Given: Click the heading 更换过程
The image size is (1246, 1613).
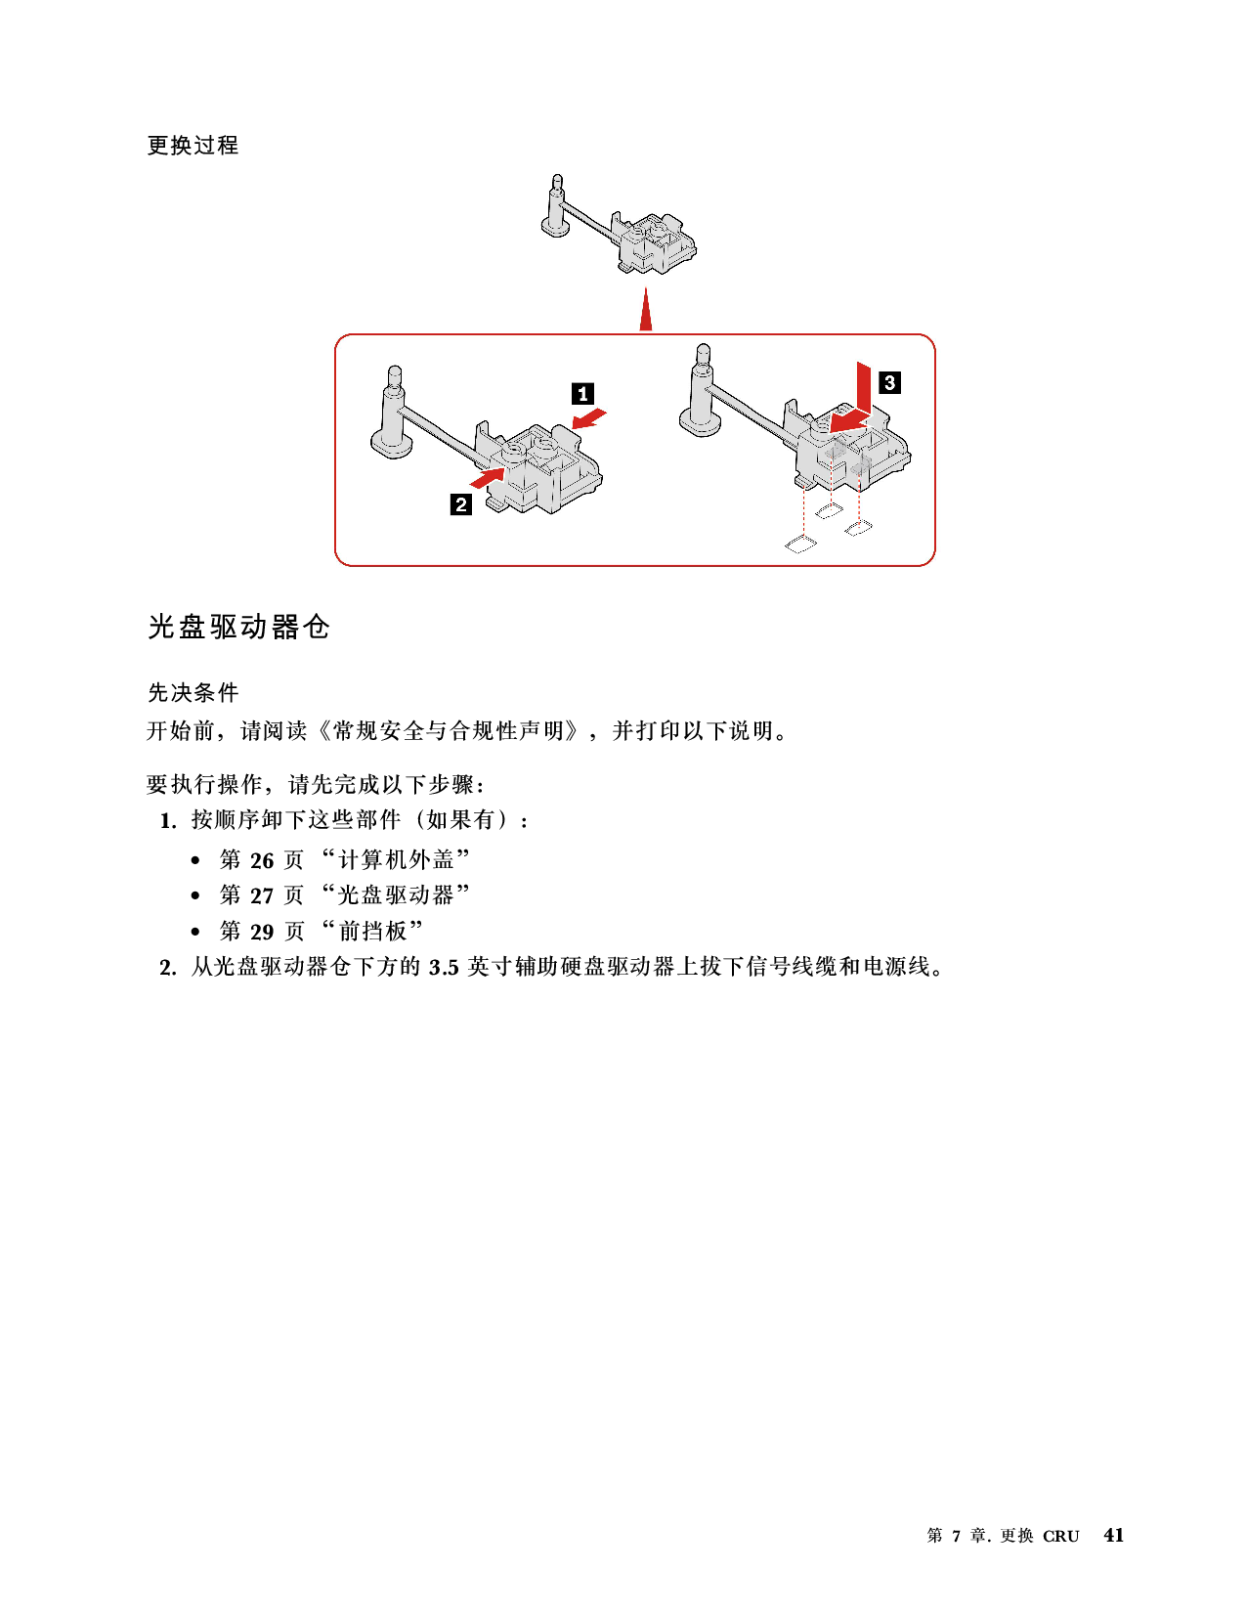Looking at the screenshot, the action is [x=193, y=146].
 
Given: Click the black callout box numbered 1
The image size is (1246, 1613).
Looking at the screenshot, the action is [x=582, y=393].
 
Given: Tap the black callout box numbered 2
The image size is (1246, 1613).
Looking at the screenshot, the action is [x=461, y=504].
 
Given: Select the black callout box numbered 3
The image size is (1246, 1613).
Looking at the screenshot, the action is [x=889, y=383].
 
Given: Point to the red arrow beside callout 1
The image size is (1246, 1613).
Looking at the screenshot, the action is [x=589, y=418].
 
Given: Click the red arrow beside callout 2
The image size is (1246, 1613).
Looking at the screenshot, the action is [x=489, y=476].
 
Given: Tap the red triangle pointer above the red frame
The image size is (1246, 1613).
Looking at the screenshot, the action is [x=646, y=309].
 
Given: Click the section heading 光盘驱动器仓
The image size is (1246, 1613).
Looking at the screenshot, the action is [x=239, y=628].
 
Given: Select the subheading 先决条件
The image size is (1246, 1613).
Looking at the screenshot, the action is [x=193, y=692].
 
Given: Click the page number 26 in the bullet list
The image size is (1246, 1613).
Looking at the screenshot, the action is [x=262, y=860].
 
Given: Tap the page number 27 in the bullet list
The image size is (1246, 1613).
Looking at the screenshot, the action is [x=262, y=895].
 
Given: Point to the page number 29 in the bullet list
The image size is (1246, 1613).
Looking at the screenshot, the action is [x=262, y=932].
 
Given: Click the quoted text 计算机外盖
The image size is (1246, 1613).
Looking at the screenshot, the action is [x=397, y=859].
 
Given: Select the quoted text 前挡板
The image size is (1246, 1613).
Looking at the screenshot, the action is [x=373, y=931].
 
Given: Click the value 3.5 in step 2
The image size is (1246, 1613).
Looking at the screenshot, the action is [x=444, y=967].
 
